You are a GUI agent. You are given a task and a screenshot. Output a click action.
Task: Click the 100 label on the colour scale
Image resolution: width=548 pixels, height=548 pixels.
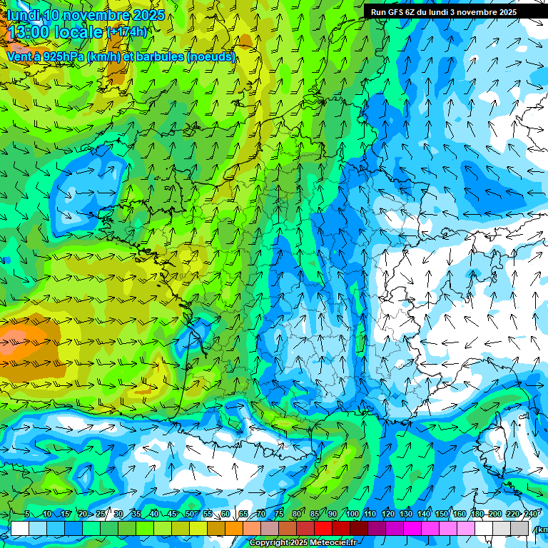point(352,514)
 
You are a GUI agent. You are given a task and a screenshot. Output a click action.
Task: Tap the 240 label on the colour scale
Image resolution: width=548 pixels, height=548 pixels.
point(531,514)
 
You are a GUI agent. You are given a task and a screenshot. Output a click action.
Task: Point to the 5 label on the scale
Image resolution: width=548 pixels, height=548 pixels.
point(27,514)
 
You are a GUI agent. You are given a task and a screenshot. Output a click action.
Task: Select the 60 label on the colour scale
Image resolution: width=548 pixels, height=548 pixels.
point(225,514)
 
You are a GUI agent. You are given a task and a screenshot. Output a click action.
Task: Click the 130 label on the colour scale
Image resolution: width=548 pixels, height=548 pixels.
point(406,514)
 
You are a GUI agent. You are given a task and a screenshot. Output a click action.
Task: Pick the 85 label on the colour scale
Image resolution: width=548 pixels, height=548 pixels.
point(315,514)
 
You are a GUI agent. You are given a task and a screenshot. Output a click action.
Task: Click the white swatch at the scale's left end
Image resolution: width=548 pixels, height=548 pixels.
point(20,528)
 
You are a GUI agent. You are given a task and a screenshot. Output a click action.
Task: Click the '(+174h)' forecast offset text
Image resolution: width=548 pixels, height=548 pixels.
point(127,32)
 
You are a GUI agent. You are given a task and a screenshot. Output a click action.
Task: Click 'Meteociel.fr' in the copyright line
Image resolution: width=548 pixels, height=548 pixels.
point(333,543)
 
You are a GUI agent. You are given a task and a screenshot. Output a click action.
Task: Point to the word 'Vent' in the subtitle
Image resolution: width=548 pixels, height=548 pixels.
point(19,56)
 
